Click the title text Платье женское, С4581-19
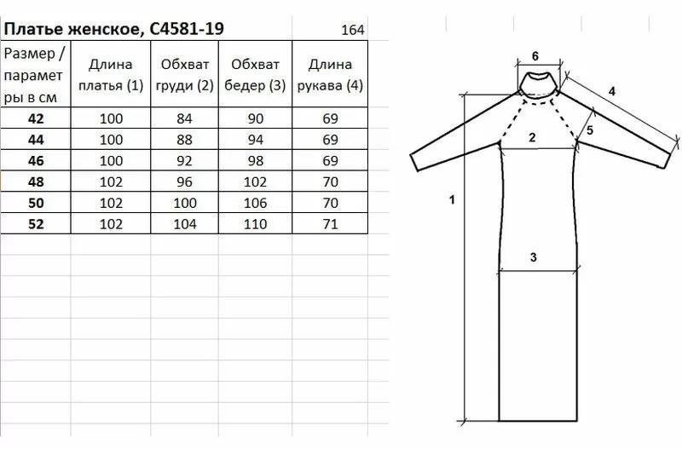tap(113, 29)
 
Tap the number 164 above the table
tap(353, 30)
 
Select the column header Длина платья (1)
tap(111, 75)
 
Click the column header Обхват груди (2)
tap(185, 75)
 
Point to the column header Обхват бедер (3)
tap(255, 75)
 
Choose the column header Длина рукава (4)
tap(330, 75)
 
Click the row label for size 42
tap(36, 118)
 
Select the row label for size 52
tap(36, 224)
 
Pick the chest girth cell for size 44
tap(184, 140)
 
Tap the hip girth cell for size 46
tap(255, 161)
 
